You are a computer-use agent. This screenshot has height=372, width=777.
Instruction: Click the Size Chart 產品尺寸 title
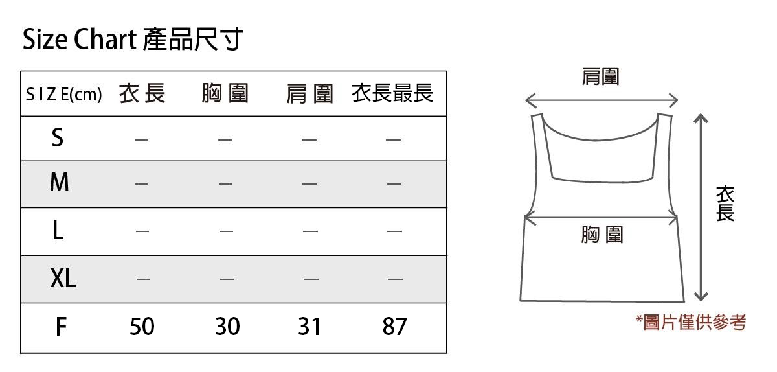point(133,40)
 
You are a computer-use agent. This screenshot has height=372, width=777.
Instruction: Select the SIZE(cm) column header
point(63,95)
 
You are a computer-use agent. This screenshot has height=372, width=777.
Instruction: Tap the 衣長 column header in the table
point(142,95)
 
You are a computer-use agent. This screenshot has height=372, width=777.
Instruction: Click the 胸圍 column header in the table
point(225,95)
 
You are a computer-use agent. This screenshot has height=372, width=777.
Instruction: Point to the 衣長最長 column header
point(392,94)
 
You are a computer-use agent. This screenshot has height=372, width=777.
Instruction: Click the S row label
point(58,137)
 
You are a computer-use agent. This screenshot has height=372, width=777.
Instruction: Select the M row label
point(59,183)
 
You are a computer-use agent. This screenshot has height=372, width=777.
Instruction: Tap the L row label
point(58,231)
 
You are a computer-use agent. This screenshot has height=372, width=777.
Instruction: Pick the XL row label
point(63,279)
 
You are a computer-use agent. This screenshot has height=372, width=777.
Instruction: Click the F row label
point(60,327)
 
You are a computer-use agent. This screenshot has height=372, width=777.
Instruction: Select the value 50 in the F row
point(142,327)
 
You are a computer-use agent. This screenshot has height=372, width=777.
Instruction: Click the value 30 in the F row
point(227,327)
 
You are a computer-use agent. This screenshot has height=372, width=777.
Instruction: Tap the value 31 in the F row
point(310,327)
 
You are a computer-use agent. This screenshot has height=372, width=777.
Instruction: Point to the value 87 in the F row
point(394,327)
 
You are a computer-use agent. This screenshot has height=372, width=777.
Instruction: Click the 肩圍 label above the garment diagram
point(601,77)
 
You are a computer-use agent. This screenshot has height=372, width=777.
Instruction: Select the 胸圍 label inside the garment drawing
point(602,235)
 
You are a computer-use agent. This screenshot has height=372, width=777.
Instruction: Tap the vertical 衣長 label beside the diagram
point(725,203)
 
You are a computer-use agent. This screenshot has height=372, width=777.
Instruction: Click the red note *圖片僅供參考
point(691,322)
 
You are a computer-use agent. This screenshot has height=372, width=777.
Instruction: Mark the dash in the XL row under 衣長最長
point(394,279)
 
